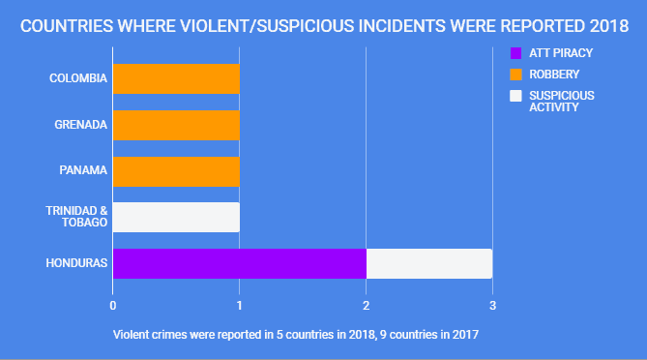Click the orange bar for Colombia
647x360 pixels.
click(x=176, y=78)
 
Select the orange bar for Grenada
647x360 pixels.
click(x=176, y=125)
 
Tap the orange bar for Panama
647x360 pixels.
click(x=176, y=171)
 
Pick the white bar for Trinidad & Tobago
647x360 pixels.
click(x=176, y=217)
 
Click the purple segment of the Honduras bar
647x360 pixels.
click(x=239, y=263)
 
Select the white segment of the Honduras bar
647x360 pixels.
click(x=428, y=263)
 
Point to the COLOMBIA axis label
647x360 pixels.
click(x=78, y=78)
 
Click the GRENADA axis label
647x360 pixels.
click(x=80, y=125)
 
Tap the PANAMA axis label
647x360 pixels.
click(x=83, y=171)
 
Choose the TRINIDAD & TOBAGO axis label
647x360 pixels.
click(x=76, y=217)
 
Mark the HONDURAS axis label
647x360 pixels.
click(x=77, y=263)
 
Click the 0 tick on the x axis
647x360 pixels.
click(x=113, y=305)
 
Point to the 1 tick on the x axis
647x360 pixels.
click(x=240, y=305)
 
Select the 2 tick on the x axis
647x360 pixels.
click(x=366, y=305)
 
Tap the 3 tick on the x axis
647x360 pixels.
click(x=492, y=305)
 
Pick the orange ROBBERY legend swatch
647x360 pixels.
click(x=515, y=74)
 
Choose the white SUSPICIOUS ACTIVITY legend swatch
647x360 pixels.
click(x=515, y=96)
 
